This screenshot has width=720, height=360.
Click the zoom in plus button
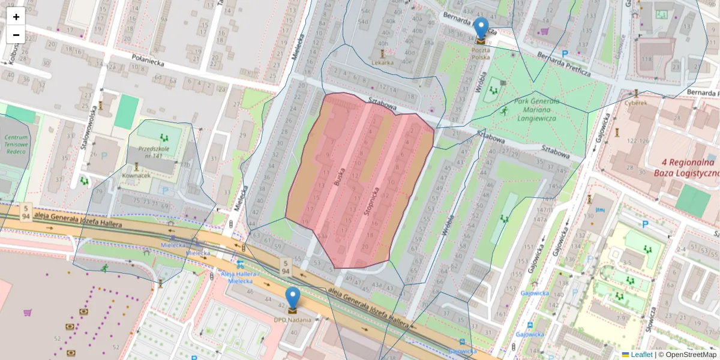[16, 17]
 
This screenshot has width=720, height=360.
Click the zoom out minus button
[16, 35]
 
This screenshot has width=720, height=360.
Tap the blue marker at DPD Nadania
[292, 299]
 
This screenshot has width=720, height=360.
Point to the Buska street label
[341, 178]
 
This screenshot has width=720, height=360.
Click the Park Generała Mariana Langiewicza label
[536, 110]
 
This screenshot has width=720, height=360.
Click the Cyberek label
[636, 103]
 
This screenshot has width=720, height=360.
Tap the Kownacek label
[136, 175]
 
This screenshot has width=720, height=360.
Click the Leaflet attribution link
[641, 355]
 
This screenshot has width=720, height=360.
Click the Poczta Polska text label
[481, 54]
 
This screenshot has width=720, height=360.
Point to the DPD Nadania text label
[292, 320]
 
